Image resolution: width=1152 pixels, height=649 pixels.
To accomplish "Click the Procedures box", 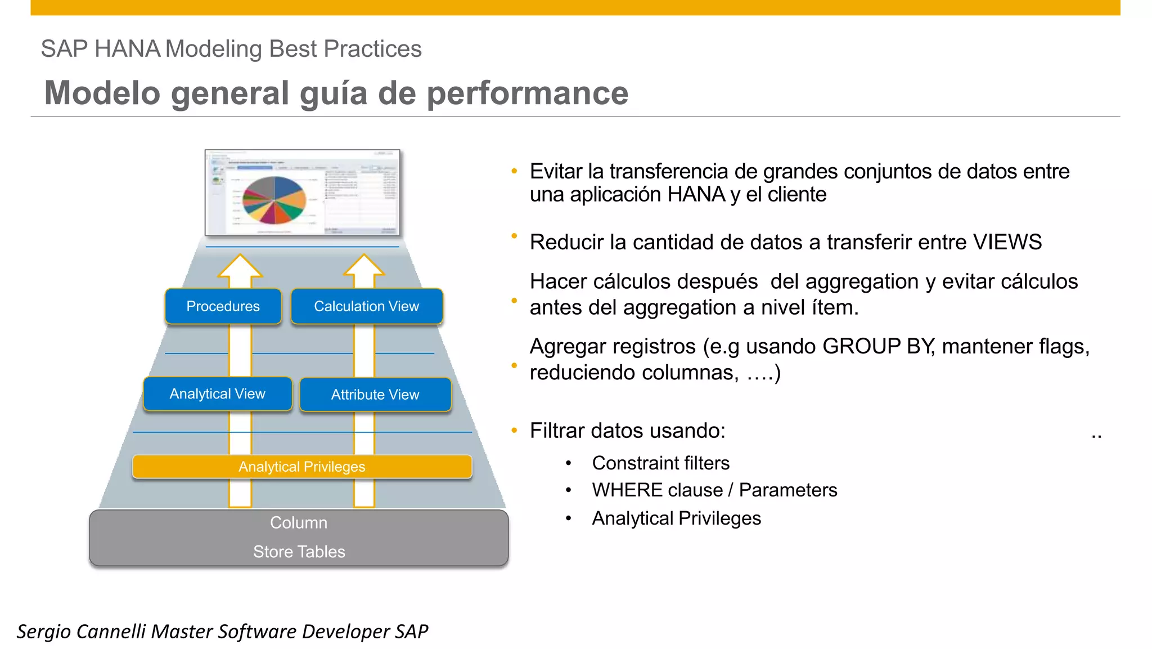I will click(223, 306).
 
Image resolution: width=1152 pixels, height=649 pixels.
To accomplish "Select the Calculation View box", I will click(366, 306).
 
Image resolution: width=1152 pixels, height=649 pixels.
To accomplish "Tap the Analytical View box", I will click(217, 394).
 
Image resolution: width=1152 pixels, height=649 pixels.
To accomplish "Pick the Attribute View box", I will click(375, 395).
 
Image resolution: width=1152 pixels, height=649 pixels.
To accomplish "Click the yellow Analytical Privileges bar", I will click(302, 467).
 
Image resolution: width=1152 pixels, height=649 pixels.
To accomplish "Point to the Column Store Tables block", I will click(299, 538).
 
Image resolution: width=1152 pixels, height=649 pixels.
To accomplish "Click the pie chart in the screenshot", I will click(274, 200).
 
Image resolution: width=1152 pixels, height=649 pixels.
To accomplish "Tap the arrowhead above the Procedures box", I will click(240, 266).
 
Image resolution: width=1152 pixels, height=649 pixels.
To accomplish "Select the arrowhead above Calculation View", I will click(364, 266).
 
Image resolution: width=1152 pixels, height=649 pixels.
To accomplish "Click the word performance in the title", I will click(527, 93).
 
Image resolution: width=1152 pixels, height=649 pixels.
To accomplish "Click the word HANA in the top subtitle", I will click(127, 49).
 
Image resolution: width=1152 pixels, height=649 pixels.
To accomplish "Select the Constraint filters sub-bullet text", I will click(660, 463).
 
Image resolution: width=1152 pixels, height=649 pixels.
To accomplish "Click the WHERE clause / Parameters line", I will click(714, 490).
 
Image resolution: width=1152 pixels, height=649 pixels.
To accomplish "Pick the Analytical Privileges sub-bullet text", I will click(676, 518).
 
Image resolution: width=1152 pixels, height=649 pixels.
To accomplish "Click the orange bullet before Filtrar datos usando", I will click(514, 431).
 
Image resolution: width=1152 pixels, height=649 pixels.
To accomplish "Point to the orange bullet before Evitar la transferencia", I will click(514, 171).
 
